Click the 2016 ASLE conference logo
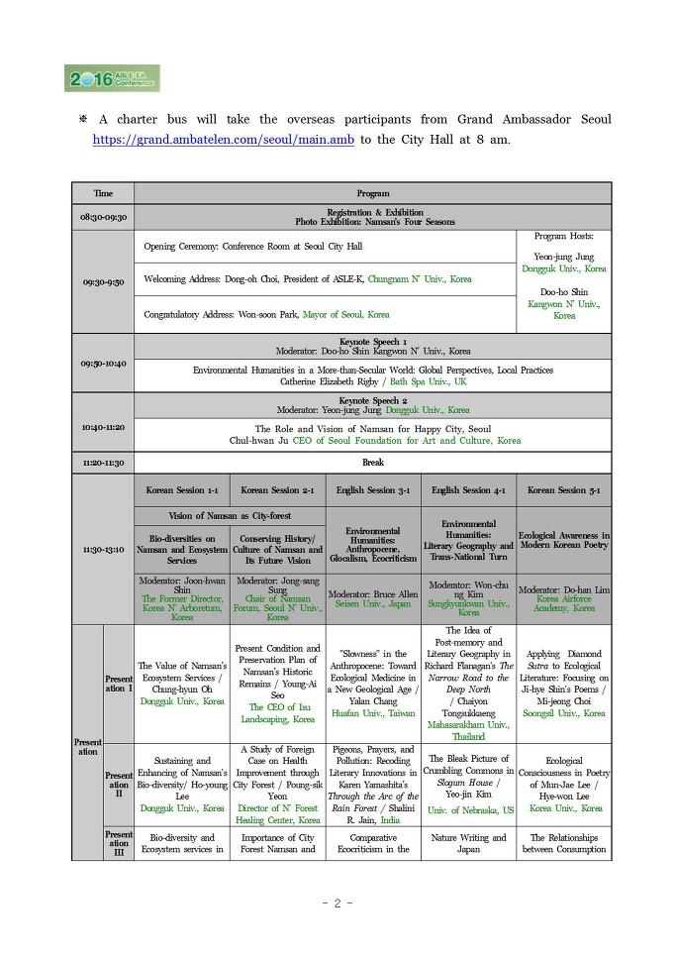[x=112, y=79]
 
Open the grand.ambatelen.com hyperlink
[x=224, y=140]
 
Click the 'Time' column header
[x=103, y=193]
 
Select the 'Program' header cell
[x=372, y=193]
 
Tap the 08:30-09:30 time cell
[x=103, y=217]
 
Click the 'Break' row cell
[x=372, y=463]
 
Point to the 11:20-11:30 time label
[x=103, y=463]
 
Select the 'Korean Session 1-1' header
[x=182, y=490]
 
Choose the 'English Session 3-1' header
[x=373, y=490]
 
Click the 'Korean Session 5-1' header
[x=563, y=490]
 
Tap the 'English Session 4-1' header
[x=468, y=490]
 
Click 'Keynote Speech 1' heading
[x=373, y=341]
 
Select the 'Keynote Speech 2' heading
[x=373, y=400]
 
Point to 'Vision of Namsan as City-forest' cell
[x=230, y=516]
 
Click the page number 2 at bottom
[x=338, y=903]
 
